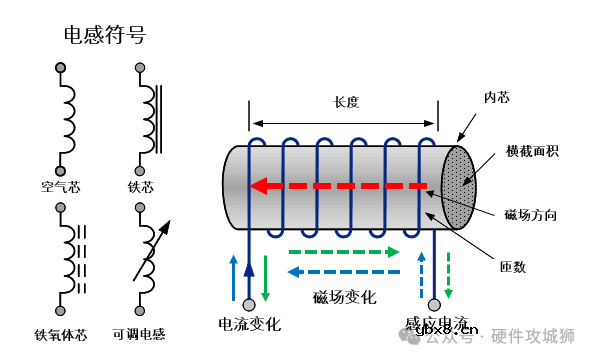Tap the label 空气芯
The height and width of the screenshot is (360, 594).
(61, 185)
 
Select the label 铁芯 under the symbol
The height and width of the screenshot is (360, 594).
(141, 185)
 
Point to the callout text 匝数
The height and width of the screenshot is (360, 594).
(513, 267)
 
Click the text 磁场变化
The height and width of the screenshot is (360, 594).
(344, 297)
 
